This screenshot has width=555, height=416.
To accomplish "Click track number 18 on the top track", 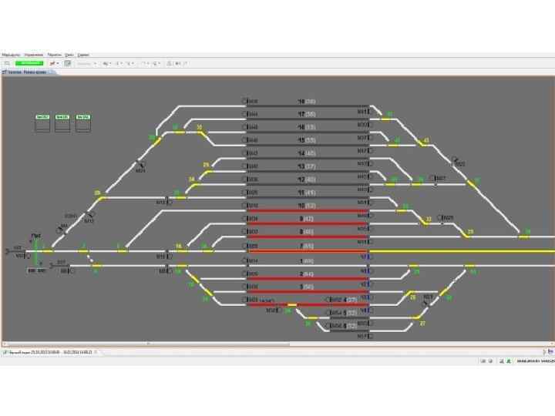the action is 302,101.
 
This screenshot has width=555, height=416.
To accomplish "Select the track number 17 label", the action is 302,113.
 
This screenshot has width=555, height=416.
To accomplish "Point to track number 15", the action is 302,139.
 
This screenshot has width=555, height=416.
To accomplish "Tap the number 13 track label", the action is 302,166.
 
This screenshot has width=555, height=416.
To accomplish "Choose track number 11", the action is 302,192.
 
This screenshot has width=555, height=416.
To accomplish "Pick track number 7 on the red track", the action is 302,245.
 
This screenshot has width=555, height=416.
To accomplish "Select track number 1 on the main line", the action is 302,260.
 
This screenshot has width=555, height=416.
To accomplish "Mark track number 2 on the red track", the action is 302,273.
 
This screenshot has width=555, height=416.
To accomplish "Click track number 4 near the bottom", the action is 345,300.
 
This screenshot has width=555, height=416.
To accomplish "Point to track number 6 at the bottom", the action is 345,326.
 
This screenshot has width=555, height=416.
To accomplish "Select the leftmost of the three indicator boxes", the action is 42,122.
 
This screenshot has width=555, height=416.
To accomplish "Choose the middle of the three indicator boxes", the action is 62,122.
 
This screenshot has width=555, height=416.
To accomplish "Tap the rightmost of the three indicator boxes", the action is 82,122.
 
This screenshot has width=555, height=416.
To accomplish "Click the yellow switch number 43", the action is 424,142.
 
